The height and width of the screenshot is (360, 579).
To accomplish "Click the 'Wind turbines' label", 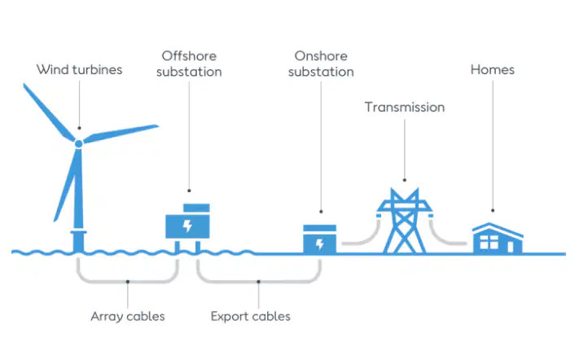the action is pyautogui.click(x=79, y=69).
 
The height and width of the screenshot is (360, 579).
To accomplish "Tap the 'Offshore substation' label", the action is pyautogui.click(x=189, y=64).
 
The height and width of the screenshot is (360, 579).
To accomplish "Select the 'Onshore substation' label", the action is pyautogui.click(x=321, y=64).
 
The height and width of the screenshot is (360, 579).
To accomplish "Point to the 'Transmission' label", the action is pyautogui.click(x=405, y=107).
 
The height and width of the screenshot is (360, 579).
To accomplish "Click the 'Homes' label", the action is pyautogui.click(x=492, y=69).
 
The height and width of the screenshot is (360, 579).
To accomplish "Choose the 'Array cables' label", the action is pyautogui.click(x=128, y=317).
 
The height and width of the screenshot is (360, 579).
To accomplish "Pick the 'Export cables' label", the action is pyautogui.click(x=251, y=317).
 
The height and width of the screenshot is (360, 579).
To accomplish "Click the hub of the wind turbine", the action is pyautogui.click(x=79, y=143).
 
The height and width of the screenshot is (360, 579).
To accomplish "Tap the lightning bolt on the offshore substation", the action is pyautogui.click(x=187, y=226).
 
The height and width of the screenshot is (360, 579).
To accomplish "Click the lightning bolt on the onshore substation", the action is pyautogui.click(x=320, y=244).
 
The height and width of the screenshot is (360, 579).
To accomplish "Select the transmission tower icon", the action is pyautogui.click(x=405, y=221).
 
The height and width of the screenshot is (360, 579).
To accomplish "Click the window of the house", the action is pyautogui.click(x=489, y=242).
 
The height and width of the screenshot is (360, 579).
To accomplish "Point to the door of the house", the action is pyautogui.click(x=511, y=247).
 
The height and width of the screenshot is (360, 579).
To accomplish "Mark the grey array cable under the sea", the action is pyautogui.click(x=128, y=282).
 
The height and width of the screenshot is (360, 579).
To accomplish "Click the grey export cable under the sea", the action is pyautogui.click(x=258, y=282).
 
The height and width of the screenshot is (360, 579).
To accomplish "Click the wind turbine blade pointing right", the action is pyautogui.click(x=121, y=134).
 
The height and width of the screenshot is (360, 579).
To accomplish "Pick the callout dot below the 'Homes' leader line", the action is pyautogui.click(x=493, y=210).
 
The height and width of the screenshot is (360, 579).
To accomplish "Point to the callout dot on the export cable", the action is pyautogui.click(x=258, y=282).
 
